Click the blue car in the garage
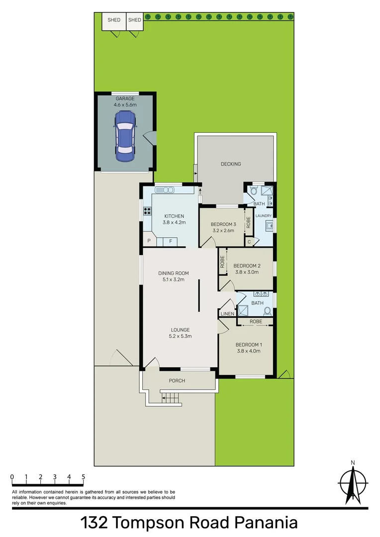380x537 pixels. pyautogui.click(x=125, y=135)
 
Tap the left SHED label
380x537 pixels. pyautogui.click(x=114, y=20)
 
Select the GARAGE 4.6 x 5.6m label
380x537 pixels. pyautogui.click(x=125, y=102)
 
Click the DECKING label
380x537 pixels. pyautogui.click(x=230, y=164)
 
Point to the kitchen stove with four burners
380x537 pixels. pyautogui.click(x=147, y=210)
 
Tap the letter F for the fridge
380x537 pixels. pyautogui.click(x=171, y=241)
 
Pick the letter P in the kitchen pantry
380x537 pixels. pyautogui.click(x=149, y=241)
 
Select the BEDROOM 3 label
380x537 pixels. pyautogui.click(x=222, y=224)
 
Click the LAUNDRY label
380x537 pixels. pyautogui.click(x=264, y=216)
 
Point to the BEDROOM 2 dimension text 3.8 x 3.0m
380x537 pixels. pyautogui.click(x=247, y=272)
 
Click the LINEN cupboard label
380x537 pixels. pyautogui.click(x=227, y=314)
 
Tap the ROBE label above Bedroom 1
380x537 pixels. pyautogui.click(x=256, y=322)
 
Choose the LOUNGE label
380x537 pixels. pyautogui.click(x=181, y=330)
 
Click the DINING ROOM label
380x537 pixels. pyautogui.click(x=172, y=273)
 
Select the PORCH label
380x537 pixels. pyautogui.click(x=177, y=381)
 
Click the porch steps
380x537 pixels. pyautogui.click(x=170, y=398)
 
